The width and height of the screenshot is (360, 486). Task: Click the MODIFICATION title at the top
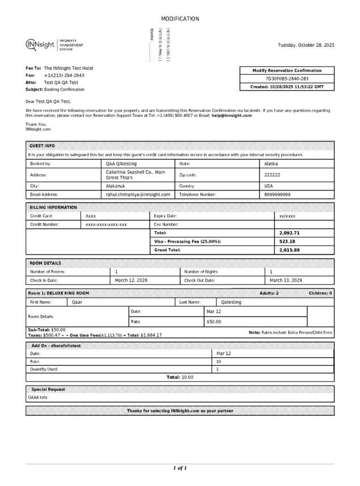(x=180, y=19)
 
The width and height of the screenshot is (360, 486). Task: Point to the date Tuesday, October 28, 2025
(x=306, y=45)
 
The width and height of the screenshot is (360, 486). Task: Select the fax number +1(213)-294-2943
(x=64, y=75)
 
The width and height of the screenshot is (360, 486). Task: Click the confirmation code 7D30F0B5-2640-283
(x=287, y=79)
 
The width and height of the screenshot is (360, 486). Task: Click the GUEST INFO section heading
(x=42, y=146)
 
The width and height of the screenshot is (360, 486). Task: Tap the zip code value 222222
(x=272, y=175)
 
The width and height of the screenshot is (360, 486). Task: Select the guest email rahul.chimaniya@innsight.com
(x=138, y=194)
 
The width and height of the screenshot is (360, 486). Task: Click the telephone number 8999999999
(x=277, y=194)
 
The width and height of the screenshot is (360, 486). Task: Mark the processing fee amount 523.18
(x=287, y=241)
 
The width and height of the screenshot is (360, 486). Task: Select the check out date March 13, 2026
(x=286, y=280)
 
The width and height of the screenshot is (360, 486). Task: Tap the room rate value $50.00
(x=214, y=322)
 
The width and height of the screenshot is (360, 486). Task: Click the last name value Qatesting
(x=231, y=302)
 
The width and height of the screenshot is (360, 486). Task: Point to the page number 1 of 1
(x=180, y=468)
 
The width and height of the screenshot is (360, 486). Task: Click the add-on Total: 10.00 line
(x=180, y=377)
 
